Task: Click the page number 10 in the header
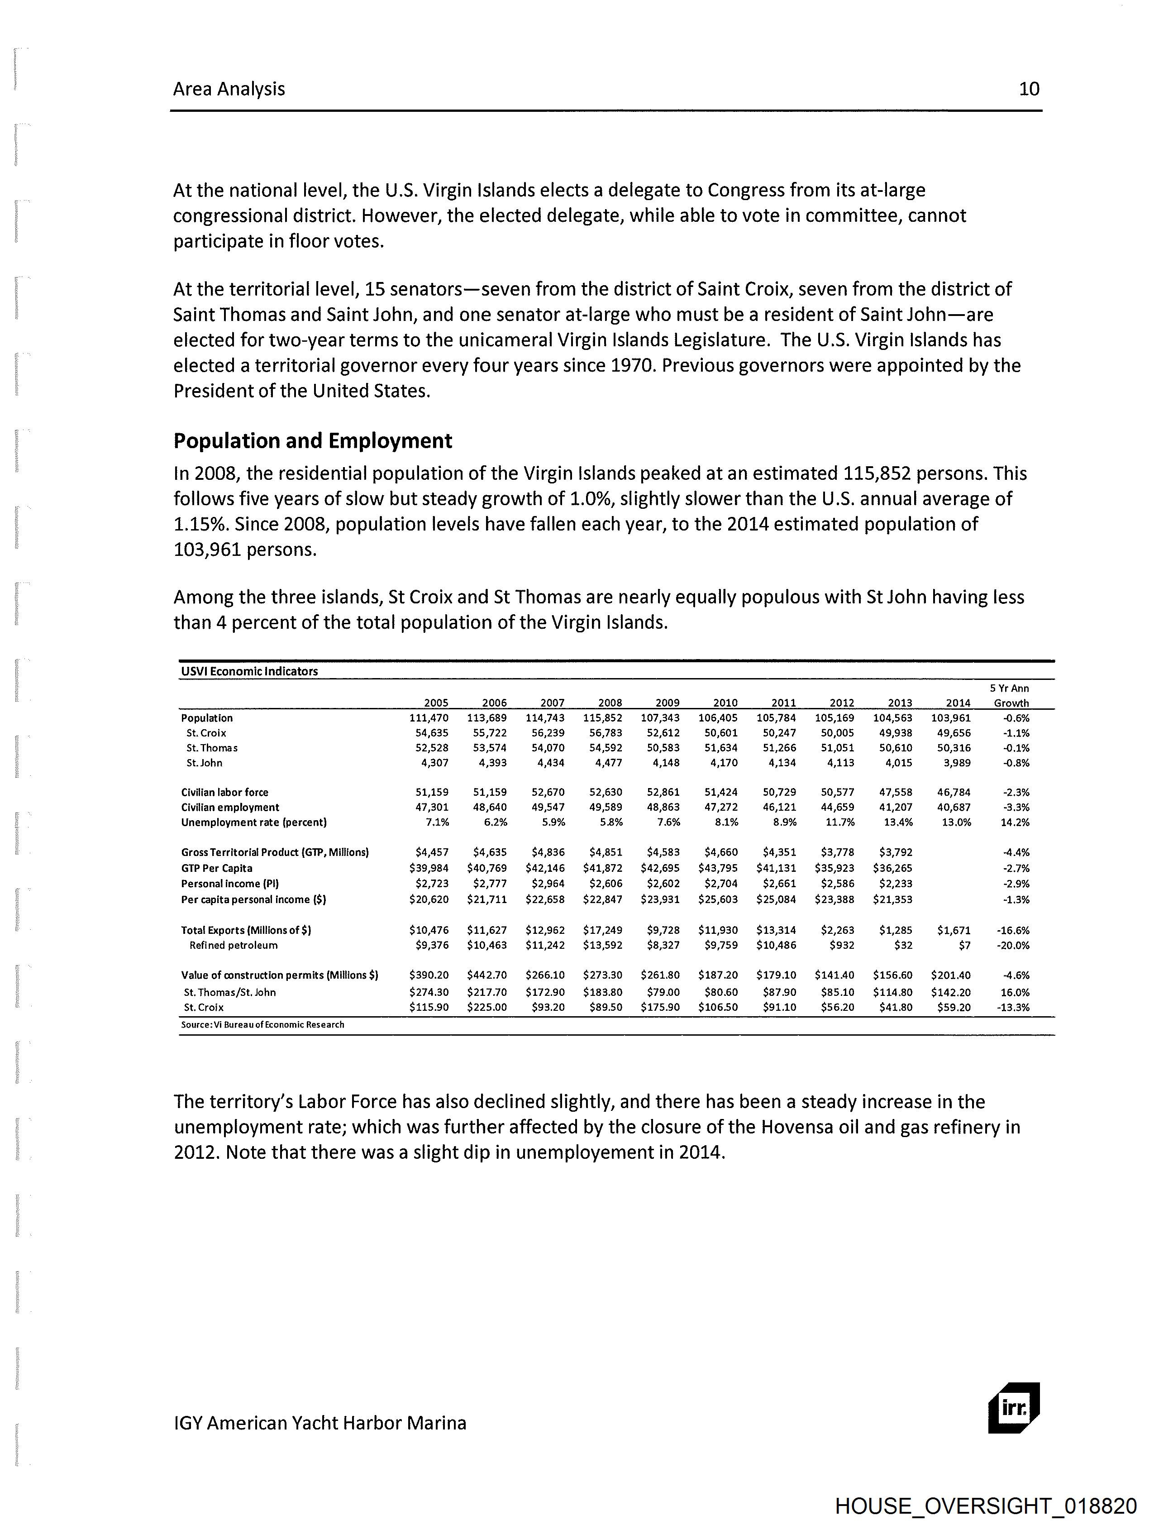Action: [x=1029, y=89]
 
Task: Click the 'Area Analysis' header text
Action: [x=229, y=89]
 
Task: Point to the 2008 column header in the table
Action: [x=610, y=703]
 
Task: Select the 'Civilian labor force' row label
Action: [x=225, y=792]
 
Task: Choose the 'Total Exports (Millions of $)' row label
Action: [x=246, y=930]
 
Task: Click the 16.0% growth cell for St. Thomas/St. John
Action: [x=1015, y=992]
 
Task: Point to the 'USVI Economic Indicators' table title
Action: [x=249, y=671]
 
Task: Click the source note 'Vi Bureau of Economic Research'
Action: [x=262, y=1024]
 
